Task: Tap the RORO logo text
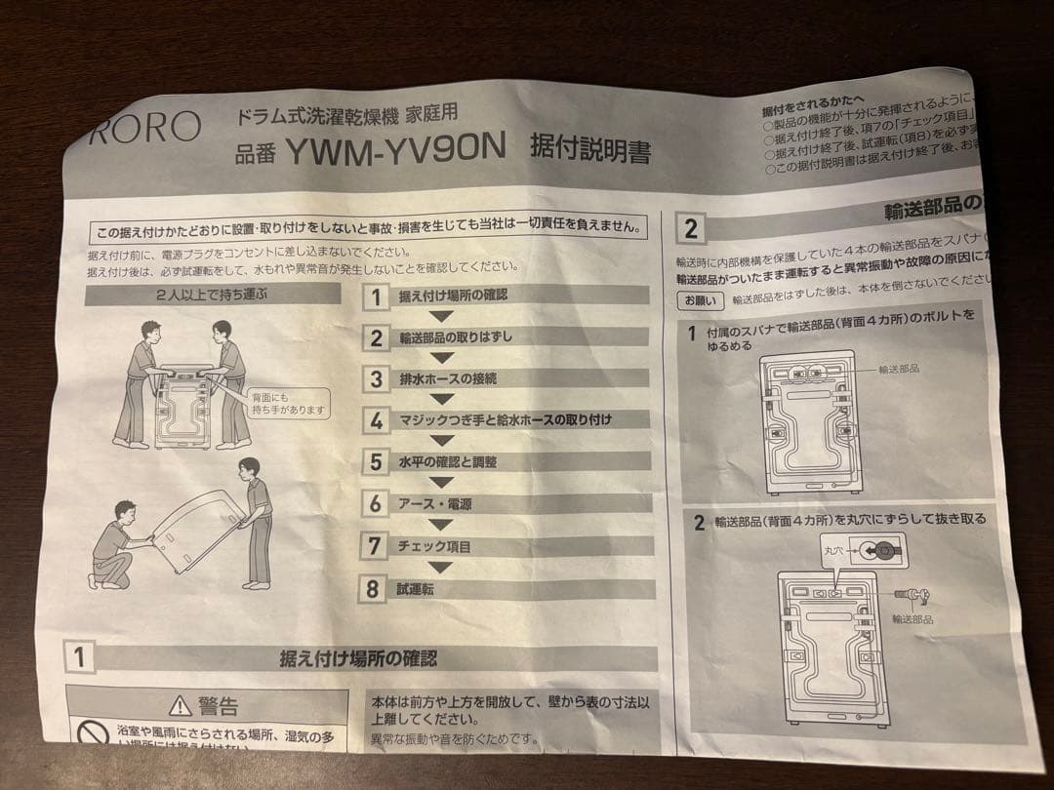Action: pos(144,127)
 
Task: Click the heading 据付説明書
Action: pos(589,150)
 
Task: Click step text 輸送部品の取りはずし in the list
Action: pos(455,337)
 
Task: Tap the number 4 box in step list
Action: pos(376,420)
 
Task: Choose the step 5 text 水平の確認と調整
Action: pos(447,461)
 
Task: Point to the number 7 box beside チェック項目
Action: pos(375,546)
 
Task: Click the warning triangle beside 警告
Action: pos(180,705)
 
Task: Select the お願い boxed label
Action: pos(700,299)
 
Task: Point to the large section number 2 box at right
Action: pos(691,230)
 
